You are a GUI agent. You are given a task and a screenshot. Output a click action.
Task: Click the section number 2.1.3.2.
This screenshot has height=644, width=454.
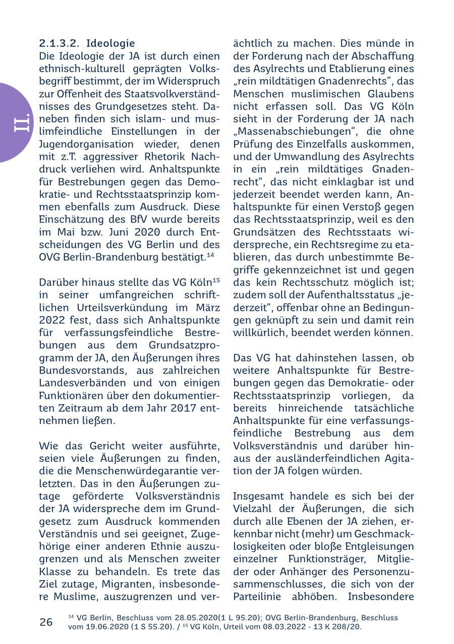(59, 43)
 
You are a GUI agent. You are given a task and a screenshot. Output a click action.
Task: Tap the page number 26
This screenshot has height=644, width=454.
(46, 622)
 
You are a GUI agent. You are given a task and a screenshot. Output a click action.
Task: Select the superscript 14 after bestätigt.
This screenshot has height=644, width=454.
(210, 255)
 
